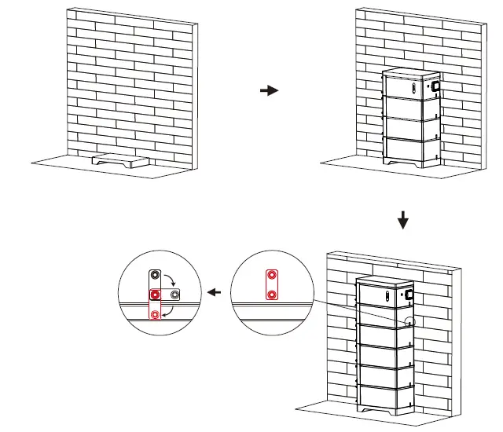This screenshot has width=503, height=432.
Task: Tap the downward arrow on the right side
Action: click(403, 221)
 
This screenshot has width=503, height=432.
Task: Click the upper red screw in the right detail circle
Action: click(271, 276)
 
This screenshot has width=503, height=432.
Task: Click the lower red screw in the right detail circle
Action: click(271, 294)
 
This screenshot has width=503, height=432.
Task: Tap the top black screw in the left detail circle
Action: click(156, 276)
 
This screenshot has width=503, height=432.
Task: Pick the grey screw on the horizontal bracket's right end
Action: click(174, 294)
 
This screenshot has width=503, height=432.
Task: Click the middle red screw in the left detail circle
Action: click(156, 294)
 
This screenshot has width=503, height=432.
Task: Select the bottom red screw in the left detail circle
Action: click(156, 314)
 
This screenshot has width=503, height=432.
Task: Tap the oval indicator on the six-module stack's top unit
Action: click(387, 296)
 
